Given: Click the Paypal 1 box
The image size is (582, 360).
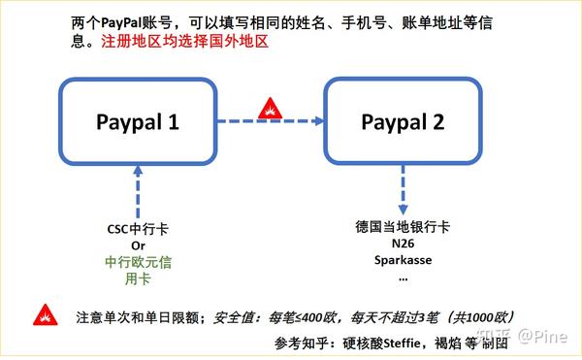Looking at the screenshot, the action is [x=139, y=121].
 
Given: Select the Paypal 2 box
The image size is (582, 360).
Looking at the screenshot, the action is [x=402, y=121].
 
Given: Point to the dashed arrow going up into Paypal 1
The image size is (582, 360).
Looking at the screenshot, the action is [x=139, y=190].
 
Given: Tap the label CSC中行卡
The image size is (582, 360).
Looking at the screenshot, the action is [x=138, y=231].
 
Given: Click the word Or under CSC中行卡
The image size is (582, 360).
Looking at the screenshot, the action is [x=138, y=246].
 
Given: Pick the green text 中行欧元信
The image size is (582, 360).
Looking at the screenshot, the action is [x=138, y=261].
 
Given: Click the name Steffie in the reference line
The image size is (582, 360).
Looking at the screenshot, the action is [x=382, y=342].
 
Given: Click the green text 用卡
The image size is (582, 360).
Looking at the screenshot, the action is [x=138, y=277].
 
